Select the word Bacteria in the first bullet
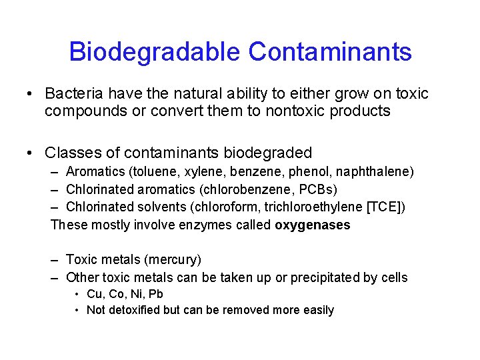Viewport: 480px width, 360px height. [71, 94]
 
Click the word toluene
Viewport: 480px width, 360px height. [145, 172]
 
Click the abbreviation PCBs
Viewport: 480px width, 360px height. [323, 189]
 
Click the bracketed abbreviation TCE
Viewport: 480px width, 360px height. [385, 207]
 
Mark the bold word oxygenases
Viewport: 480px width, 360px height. [312, 225]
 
